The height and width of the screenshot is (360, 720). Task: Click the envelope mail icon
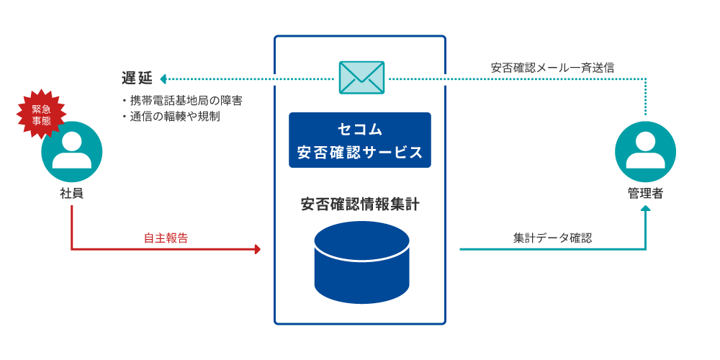coord(361,77)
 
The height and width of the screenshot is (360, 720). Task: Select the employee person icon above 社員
coord(71,151)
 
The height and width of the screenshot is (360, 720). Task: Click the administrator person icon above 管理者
coord(645,151)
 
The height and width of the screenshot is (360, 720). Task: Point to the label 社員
coord(71,193)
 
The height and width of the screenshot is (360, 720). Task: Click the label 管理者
coord(645,193)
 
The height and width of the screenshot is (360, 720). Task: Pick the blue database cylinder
coord(361,263)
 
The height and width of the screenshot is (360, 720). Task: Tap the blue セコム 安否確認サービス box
coord(359,140)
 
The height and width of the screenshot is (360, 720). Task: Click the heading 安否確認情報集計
coord(360,204)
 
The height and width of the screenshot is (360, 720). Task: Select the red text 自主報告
coord(166,238)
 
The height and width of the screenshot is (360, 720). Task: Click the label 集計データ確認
coord(552,238)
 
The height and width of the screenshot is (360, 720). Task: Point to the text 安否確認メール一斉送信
coord(552,68)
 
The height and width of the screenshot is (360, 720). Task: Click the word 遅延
coord(137,78)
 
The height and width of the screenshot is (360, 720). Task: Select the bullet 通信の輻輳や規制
coord(174,116)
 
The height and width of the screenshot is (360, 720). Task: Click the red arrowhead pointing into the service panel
coord(256,249)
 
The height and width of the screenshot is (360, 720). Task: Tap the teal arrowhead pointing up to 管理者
coord(645,210)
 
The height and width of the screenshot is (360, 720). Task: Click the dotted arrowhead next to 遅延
coord(163,78)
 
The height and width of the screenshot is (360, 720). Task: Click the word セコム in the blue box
coord(359,130)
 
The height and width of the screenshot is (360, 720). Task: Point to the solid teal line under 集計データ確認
coord(552,249)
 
